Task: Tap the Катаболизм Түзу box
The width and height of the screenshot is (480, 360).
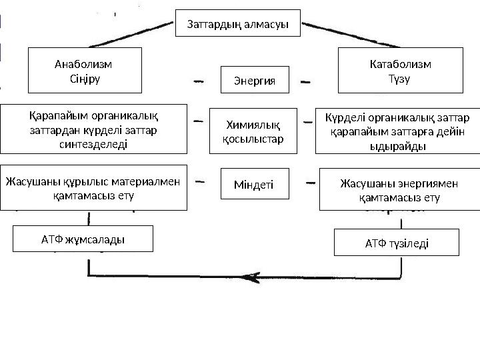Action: click(x=400, y=70)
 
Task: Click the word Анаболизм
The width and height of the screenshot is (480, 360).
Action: click(x=83, y=64)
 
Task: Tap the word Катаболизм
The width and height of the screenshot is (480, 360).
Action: click(x=400, y=64)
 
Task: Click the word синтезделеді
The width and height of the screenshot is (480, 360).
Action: click(x=94, y=143)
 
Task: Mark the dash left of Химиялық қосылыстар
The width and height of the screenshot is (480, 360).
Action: click(x=198, y=121)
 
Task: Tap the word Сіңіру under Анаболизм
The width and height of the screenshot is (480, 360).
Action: click(x=83, y=77)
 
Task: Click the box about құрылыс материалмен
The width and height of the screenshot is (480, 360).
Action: click(x=93, y=187)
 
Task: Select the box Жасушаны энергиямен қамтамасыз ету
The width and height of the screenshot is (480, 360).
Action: click(x=399, y=189)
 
